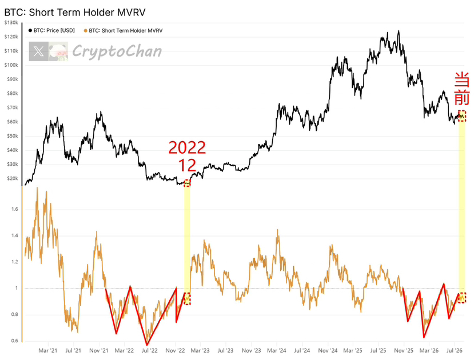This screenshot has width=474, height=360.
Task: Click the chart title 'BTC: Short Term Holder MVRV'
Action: (75, 13)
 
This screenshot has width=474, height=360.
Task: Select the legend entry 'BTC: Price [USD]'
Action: (51, 30)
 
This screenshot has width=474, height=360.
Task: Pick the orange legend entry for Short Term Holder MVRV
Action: (123, 30)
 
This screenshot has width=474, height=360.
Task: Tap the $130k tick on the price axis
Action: (11, 23)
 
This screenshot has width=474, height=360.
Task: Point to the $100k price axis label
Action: (11, 65)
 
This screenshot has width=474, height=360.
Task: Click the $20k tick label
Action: (13, 178)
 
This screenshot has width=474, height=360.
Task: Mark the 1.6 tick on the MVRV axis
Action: (14, 209)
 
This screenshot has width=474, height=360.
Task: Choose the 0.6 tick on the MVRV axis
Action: (14, 341)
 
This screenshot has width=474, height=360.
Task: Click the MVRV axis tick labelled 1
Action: (17, 288)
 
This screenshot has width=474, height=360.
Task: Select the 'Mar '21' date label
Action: (48, 351)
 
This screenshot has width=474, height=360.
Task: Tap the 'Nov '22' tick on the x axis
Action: (175, 351)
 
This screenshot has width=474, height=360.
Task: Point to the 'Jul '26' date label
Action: (455, 351)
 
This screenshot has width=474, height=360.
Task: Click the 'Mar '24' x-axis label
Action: (277, 351)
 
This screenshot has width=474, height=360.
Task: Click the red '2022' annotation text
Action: (187, 147)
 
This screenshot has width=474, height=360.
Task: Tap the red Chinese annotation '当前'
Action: (462, 89)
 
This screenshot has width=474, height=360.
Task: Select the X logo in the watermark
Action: (39, 51)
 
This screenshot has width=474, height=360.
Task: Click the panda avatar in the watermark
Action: (58, 51)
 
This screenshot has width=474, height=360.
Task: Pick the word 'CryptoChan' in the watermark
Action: (117, 51)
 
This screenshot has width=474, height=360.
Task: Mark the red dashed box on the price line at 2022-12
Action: (187, 183)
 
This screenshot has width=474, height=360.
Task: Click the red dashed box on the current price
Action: (462, 116)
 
